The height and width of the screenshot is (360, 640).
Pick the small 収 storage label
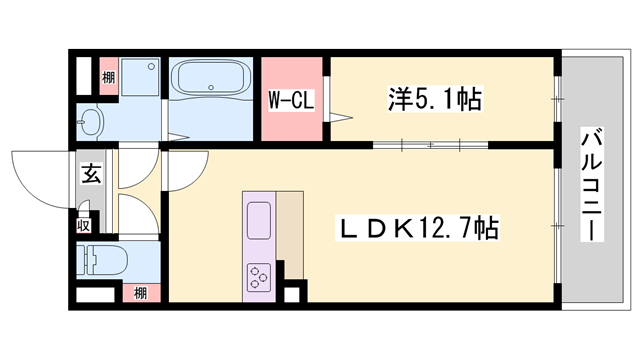pos(86,225)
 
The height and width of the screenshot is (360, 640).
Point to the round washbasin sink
pos(90,123)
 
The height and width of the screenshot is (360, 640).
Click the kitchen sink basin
pos(258,218)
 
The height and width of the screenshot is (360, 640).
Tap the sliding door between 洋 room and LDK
pos(430,146)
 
